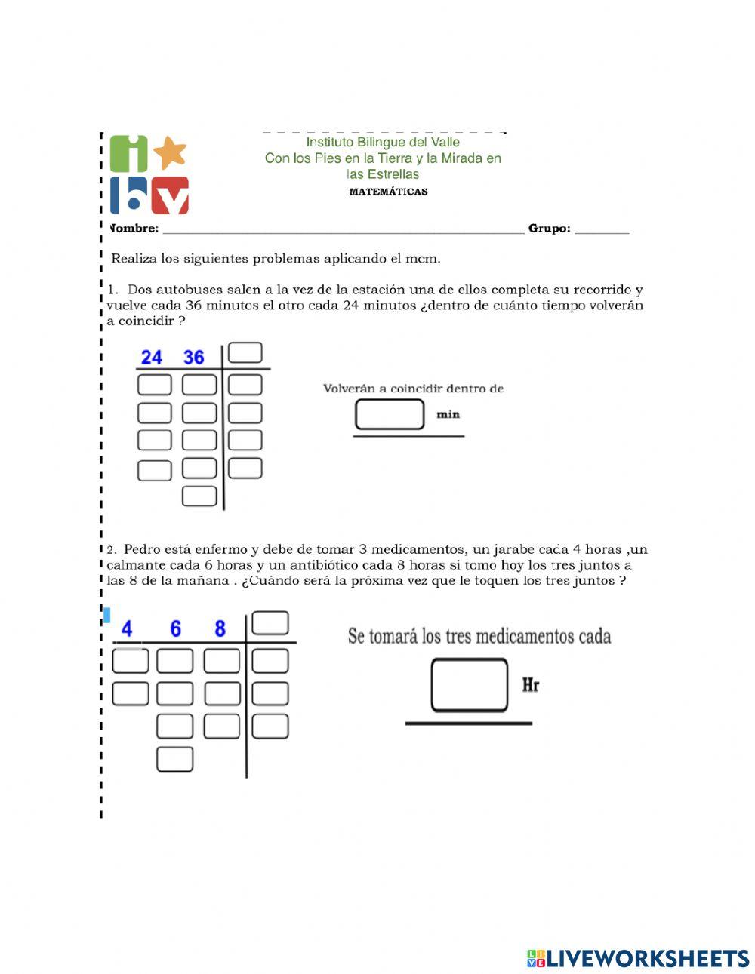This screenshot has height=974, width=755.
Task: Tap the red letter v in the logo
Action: point(171,197)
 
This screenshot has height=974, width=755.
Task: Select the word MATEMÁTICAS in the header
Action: point(388,192)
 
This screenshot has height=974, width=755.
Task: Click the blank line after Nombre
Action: point(343,229)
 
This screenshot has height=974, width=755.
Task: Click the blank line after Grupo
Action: point(602,229)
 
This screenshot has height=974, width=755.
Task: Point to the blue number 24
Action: point(152,357)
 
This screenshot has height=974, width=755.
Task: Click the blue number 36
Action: point(194,357)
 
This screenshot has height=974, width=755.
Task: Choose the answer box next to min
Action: point(390,414)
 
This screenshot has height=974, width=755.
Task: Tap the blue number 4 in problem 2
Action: point(127,628)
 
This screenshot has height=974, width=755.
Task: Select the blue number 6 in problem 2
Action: point(175,628)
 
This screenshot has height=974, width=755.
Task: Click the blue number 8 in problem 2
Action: point(220,628)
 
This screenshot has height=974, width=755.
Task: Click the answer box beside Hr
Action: point(469,685)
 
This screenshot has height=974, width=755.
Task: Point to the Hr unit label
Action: point(530,685)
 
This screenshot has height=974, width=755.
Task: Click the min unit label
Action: point(448,414)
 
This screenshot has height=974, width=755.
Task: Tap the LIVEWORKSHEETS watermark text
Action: point(648,958)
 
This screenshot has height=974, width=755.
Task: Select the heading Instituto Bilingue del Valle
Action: point(383,142)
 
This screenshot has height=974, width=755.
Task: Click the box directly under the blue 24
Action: point(154,385)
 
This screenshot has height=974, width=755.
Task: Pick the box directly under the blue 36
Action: point(199,385)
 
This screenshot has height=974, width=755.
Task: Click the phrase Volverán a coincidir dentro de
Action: point(413,389)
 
